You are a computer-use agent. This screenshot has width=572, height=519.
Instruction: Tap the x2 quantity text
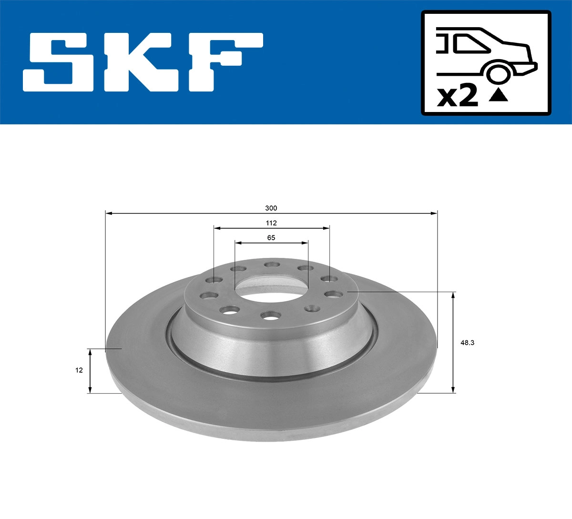458,96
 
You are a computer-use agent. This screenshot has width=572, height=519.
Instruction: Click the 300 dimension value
271,208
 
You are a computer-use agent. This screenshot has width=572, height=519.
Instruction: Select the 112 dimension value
271,223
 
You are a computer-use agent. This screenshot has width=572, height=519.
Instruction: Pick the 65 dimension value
271,238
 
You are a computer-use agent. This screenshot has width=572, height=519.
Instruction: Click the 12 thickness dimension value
79,370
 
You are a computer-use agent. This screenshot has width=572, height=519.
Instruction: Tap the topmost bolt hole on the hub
272,265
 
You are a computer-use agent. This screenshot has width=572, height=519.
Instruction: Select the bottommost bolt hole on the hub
270,315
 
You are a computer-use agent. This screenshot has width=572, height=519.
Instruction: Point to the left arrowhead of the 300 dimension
108,214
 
